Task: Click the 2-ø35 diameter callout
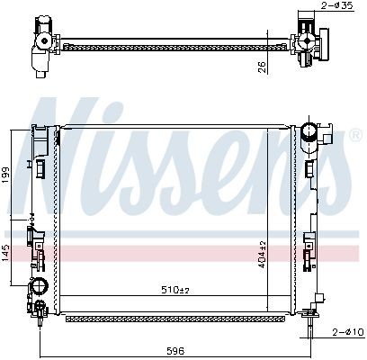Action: [x=337, y=5]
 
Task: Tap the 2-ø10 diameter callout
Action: [x=347, y=332]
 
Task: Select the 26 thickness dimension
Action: [x=262, y=66]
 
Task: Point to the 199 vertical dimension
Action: [x=5, y=175]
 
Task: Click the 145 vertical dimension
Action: [x=6, y=253]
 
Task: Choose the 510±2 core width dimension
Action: [x=175, y=290]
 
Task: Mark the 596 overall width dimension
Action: [x=175, y=351]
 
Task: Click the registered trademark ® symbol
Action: [x=356, y=135]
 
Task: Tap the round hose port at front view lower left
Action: [x=40, y=285]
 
